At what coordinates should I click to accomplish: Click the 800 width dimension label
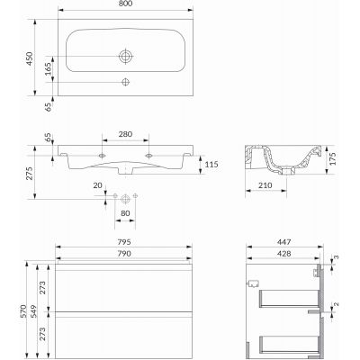(x=125, y=4)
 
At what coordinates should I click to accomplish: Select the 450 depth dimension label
(x=30, y=58)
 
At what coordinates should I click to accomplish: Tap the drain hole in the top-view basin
(x=126, y=56)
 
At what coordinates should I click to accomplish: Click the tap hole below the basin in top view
(x=125, y=82)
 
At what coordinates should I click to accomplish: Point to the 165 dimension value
(x=48, y=69)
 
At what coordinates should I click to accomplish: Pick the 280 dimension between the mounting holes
(x=125, y=134)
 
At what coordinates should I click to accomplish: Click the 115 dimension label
(x=211, y=165)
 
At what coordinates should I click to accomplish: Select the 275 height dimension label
(x=30, y=173)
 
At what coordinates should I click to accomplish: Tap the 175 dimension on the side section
(x=332, y=159)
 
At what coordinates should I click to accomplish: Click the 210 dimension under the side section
(x=265, y=185)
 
